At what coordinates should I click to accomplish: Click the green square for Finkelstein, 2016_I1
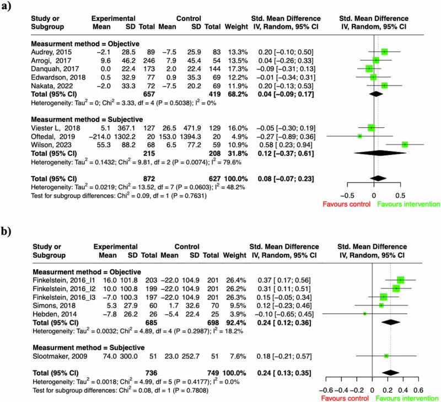[401, 280]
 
